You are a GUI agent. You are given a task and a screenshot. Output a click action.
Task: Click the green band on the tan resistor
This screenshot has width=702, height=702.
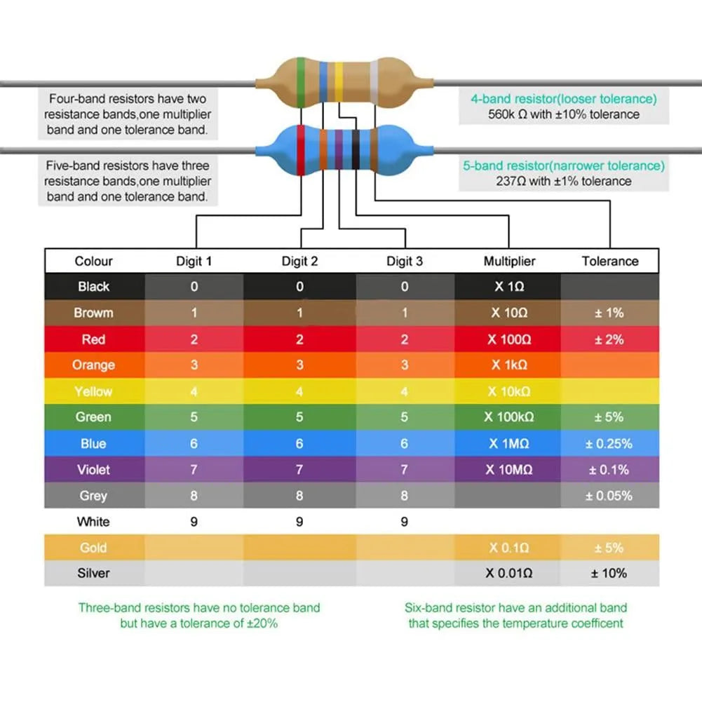click(302, 82)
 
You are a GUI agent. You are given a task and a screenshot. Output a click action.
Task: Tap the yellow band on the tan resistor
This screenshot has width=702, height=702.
click(339, 82)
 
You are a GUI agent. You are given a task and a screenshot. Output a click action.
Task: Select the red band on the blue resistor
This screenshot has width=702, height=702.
click(300, 149)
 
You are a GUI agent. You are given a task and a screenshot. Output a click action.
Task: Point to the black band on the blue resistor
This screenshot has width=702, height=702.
click(356, 149)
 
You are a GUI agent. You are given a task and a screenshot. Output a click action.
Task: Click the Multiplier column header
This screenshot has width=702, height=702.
click(509, 261)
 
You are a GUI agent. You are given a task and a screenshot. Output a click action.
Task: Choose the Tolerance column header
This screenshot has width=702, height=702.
click(610, 261)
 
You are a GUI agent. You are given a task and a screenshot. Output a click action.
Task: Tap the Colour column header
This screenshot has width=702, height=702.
click(94, 261)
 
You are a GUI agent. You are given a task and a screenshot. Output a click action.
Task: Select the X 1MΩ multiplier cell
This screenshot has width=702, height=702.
click(509, 443)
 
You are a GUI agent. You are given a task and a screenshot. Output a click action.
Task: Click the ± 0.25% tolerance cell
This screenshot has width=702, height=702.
click(609, 443)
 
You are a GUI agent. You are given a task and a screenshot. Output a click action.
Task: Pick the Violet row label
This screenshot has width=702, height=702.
click(94, 469)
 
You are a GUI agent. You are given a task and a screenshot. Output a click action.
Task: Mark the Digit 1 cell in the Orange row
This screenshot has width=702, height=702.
click(194, 365)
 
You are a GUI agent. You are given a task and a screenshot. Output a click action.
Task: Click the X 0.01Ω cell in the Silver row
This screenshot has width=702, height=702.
click(509, 573)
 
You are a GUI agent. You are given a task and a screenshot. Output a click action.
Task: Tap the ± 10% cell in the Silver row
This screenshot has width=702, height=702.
click(609, 573)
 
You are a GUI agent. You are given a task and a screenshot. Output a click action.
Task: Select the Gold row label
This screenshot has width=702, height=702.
click(94, 547)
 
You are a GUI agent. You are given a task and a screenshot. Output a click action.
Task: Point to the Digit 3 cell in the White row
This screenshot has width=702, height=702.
click(405, 521)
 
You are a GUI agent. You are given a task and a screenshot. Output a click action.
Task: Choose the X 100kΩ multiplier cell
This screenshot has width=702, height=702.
click(509, 417)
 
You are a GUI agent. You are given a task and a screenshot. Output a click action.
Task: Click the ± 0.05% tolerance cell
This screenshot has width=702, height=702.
click(609, 495)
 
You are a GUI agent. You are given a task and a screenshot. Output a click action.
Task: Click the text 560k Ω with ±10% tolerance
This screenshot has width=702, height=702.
click(564, 114)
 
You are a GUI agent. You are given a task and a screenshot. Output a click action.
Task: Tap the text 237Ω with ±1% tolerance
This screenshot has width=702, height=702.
click(564, 181)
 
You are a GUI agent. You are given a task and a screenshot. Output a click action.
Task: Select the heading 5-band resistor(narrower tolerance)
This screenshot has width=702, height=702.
click(564, 166)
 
